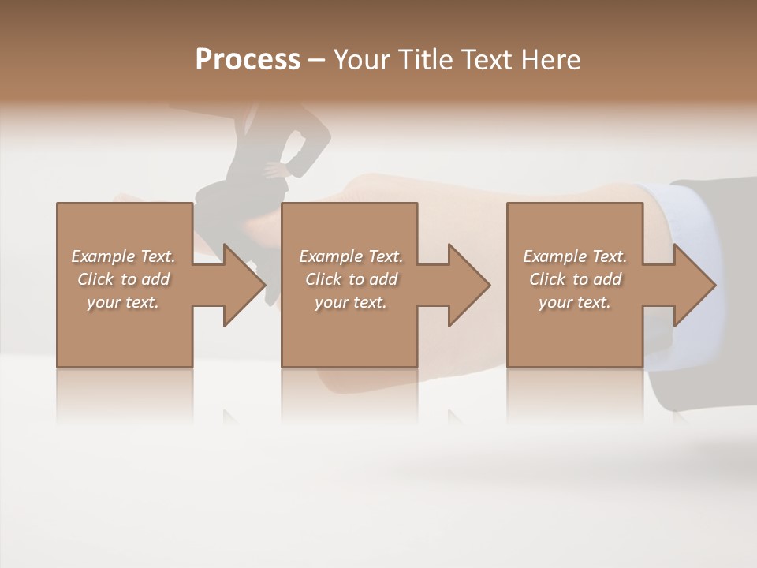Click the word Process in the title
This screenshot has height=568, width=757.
(x=248, y=60)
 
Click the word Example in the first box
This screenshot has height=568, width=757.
(x=103, y=256)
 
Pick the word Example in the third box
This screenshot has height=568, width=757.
(x=554, y=256)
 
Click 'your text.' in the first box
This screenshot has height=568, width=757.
(x=123, y=302)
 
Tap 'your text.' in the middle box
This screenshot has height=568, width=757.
(x=351, y=302)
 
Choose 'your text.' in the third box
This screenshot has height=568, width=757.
(x=575, y=302)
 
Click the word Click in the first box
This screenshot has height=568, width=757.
(x=95, y=279)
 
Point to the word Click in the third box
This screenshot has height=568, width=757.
(x=547, y=279)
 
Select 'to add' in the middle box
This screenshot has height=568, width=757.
(x=373, y=279)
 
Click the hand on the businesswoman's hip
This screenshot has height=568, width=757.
(x=275, y=169)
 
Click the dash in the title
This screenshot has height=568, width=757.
(x=316, y=61)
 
